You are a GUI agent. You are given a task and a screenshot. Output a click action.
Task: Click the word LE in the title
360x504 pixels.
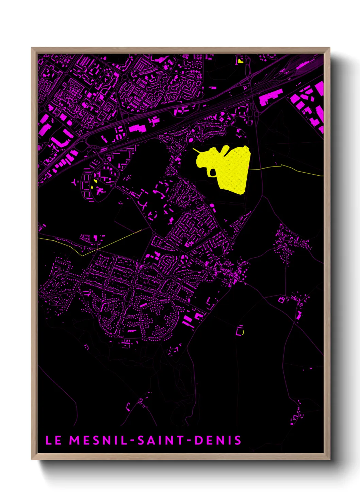click(53, 440)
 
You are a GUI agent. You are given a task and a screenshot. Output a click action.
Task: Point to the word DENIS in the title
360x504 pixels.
click(218, 440)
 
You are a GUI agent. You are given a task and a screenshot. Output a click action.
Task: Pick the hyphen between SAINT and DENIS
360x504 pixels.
click(189, 441)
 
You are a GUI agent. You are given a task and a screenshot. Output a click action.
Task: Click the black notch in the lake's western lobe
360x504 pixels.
click(213, 173)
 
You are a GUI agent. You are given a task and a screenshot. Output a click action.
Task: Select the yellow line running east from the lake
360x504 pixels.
click(286, 167)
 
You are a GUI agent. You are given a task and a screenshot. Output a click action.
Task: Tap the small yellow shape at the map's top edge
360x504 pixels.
click(241, 61)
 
